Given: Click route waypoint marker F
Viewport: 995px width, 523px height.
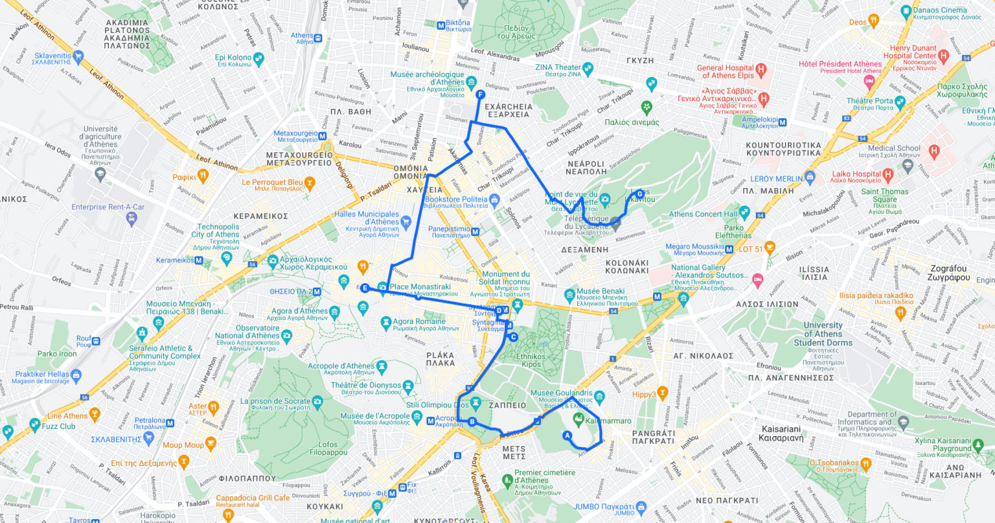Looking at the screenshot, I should [x=480, y=95].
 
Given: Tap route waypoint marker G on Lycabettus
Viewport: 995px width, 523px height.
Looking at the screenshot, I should [x=639, y=193].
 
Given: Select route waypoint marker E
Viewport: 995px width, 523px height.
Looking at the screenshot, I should [x=365, y=288].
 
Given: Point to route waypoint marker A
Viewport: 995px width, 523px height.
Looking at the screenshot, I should [x=567, y=436].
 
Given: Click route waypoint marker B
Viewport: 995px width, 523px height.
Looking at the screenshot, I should [x=472, y=422].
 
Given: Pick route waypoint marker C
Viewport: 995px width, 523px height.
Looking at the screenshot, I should [x=513, y=337].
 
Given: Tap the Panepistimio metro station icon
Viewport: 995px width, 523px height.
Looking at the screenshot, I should [x=475, y=231].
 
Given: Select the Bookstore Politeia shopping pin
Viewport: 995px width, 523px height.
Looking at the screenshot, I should [x=495, y=200].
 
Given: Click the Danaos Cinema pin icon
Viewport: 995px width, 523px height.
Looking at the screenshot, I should [x=906, y=11].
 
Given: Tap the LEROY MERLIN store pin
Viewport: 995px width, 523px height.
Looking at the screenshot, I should [x=810, y=177].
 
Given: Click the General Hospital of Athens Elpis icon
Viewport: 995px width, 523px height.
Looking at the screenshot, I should [x=761, y=69].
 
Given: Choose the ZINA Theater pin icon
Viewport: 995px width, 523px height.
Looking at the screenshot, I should [x=588, y=67].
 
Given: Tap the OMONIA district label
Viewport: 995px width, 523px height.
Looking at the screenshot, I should [x=410, y=172].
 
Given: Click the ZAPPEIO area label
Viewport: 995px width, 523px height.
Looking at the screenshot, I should [x=507, y=405].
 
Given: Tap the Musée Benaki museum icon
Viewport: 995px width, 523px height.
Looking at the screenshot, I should [x=569, y=295].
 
